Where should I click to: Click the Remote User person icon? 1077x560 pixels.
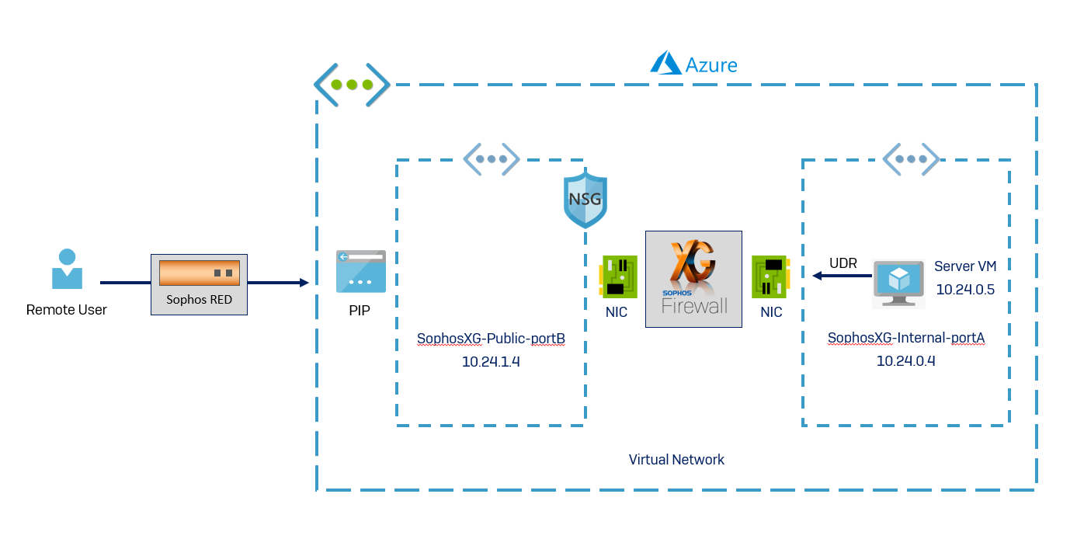pyautogui.click(x=67, y=269)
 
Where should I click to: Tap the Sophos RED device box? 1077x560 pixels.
pyautogui.click(x=199, y=284)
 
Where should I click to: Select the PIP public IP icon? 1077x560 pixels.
pyautogui.click(x=361, y=271)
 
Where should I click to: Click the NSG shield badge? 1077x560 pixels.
pyautogui.click(x=585, y=200)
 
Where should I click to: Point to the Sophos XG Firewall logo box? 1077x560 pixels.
pyautogui.click(x=693, y=279)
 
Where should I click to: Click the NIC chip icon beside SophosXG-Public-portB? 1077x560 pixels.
pyautogui.click(x=619, y=277)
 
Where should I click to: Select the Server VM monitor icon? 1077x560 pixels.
pyautogui.click(x=898, y=283)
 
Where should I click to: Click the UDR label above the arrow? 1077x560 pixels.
pyautogui.click(x=843, y=263)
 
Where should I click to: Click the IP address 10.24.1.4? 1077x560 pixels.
pyautogui.click(x=491, y=361)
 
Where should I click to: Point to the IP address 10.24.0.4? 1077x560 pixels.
pyautogui.click(x=905, y=361)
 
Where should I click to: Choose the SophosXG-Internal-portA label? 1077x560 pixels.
pyautogui.click(x=906, y=338)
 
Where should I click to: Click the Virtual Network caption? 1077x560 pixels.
pyautogui.click(x=676, y=460)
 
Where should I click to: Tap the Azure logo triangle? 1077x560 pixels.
pyautogui.click(x=665, y=63)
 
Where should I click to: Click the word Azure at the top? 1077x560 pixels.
pyautogui.click(x=711, y=64)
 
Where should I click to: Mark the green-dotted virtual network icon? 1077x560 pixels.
pyautogui.click(x=352, y=85)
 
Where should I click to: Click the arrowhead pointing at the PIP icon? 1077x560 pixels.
pyautogui.click(x=304, y=283)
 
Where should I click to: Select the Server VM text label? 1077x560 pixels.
pyautogui.click(x=964, y=266)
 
